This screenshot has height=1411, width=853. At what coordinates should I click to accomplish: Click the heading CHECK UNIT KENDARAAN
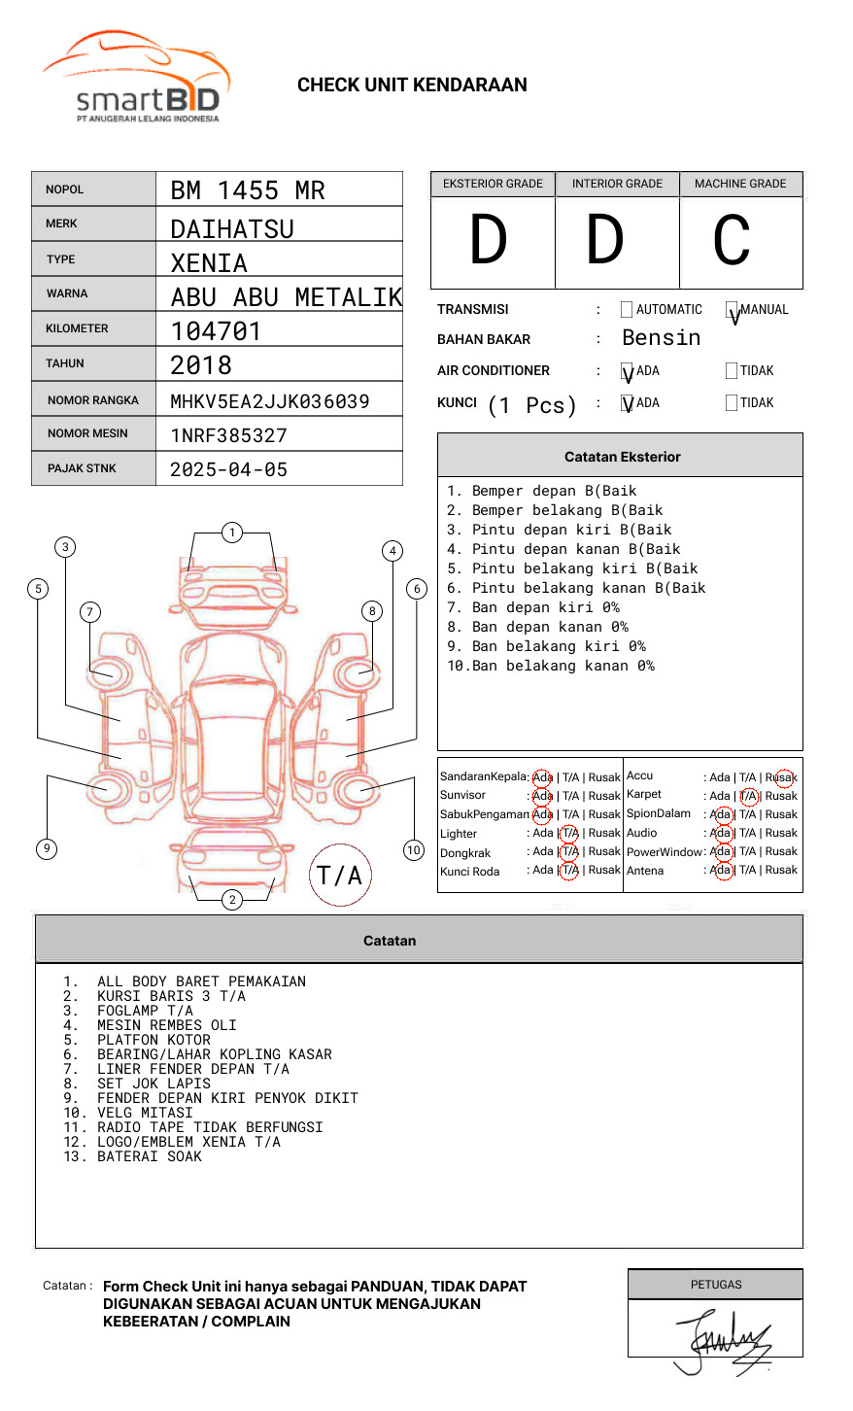point(412,86)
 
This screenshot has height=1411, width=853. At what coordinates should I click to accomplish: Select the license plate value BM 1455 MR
point(248,190)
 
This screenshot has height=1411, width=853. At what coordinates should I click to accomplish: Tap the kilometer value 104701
point(216,331)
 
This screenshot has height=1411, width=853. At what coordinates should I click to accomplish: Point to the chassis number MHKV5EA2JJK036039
point(270,401)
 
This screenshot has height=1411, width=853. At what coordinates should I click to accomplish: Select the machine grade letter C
point(732,241)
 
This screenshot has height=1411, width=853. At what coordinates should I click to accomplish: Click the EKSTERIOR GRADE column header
point(493,184)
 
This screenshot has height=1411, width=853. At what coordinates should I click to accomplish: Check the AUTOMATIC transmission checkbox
point(627,310)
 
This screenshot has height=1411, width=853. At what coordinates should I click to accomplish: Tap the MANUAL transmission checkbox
point(732,310)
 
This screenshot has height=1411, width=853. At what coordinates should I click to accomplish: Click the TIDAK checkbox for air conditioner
point(732,371)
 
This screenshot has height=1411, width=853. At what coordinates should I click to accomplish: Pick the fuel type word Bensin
point(661,338)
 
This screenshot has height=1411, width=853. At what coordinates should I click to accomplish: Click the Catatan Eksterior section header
point(622,457)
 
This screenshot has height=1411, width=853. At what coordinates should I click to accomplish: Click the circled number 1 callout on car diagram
point(231,533)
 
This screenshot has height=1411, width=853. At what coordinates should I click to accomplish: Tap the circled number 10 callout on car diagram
point(414,850)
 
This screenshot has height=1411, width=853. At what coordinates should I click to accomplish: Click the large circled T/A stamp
point(340,876)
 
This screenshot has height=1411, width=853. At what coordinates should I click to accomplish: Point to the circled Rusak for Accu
point(782,777)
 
